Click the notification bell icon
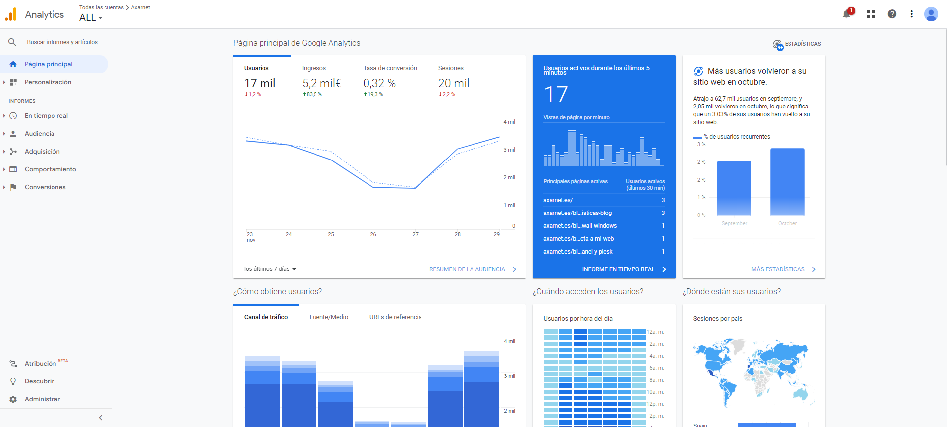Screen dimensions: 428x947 tap(847, 14)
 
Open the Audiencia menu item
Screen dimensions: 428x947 tap(40, 134)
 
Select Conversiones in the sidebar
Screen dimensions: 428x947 tap(45, 187)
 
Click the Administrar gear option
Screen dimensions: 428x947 tap(42, 399)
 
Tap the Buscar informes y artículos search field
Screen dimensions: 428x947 tap(62, 42)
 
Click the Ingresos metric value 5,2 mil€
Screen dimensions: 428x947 tap(322, 83)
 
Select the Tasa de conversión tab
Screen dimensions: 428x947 tap(390, 68)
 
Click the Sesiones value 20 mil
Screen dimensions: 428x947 tap(453, 83)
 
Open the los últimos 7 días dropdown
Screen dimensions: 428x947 tap(270, 269)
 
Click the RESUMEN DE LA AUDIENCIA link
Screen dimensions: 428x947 tap(467, 269)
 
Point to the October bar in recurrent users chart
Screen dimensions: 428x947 tap(787, 182)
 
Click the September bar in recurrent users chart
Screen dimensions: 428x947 tap(734, 188)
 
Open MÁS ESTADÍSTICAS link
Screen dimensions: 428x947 tap(778, 269)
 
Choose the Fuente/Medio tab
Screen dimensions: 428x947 tap(328, 317)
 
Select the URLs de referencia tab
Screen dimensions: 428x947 tap(395, 317)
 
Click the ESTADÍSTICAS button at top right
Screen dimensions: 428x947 tap(797, 44)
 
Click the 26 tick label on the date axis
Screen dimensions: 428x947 tap(373, 235)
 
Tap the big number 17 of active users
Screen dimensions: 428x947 tap(555, 95)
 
